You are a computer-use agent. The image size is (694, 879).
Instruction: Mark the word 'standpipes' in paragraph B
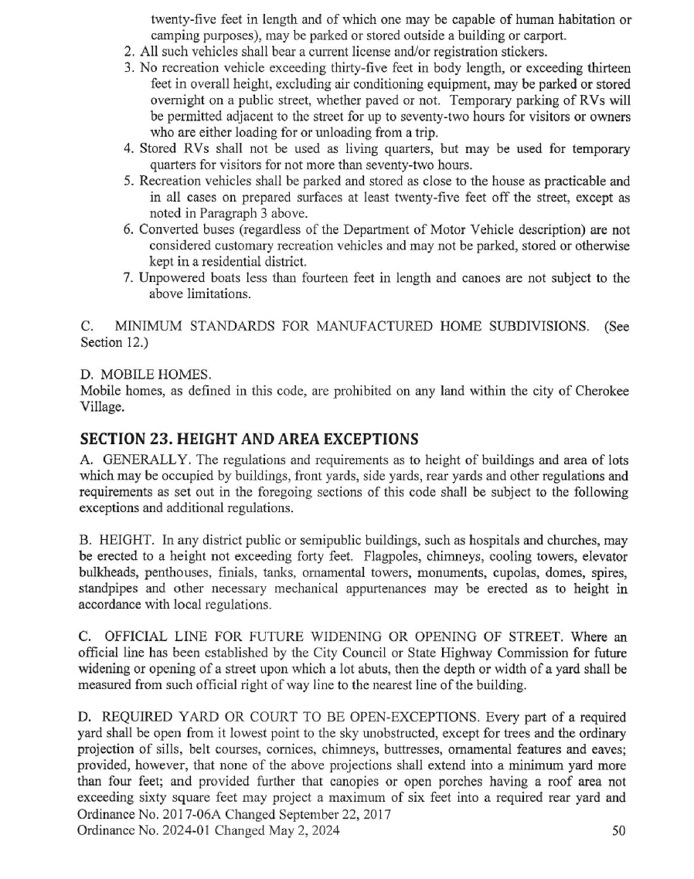pyautogui.click(x=111, y=589)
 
